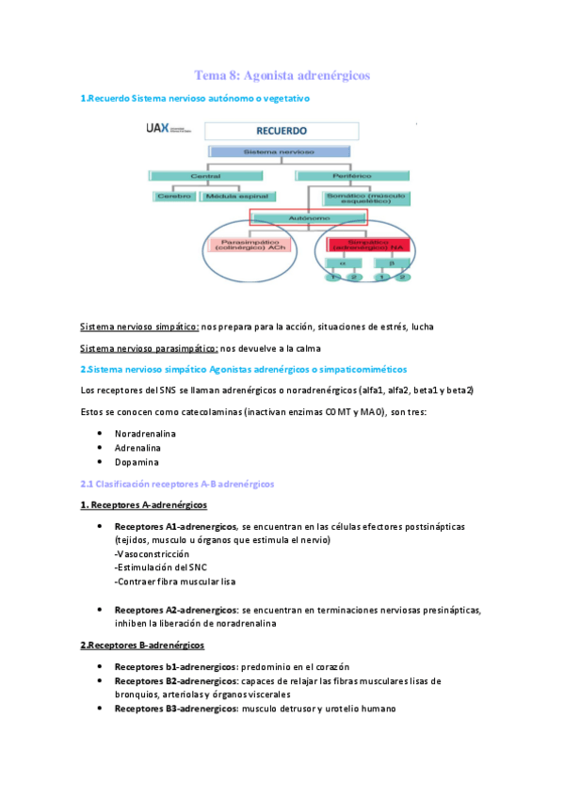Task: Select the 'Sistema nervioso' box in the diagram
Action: point(267,151)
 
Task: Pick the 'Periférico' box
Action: point(352,175)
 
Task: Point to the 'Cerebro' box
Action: point(174,196)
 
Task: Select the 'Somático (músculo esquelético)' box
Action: point(363,199)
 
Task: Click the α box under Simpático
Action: point(343,263)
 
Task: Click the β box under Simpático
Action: point(391,263)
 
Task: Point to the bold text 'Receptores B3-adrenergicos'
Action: point(175,707)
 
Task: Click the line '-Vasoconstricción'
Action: point(154,554)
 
